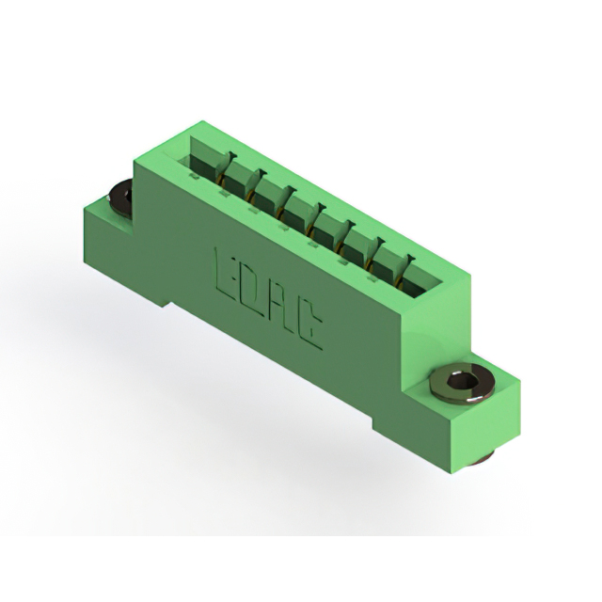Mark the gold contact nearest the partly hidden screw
click(220, 178)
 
